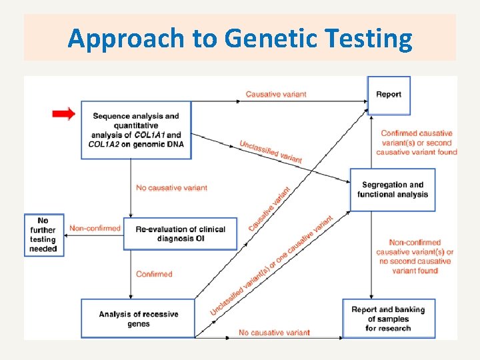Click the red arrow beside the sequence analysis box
64,114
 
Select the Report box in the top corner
389,95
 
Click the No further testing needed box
43,235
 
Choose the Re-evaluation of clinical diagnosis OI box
180,233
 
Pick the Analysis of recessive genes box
138,319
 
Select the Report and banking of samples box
388,319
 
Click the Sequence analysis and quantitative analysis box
136,130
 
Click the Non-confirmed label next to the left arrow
95,228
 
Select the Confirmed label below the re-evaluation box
154,274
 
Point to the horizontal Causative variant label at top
276,94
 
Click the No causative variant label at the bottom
274,332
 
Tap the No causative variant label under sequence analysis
171,188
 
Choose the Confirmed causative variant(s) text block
417,143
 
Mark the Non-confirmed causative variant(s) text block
415,257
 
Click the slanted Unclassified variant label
271,151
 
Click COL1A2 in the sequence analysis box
105,144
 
